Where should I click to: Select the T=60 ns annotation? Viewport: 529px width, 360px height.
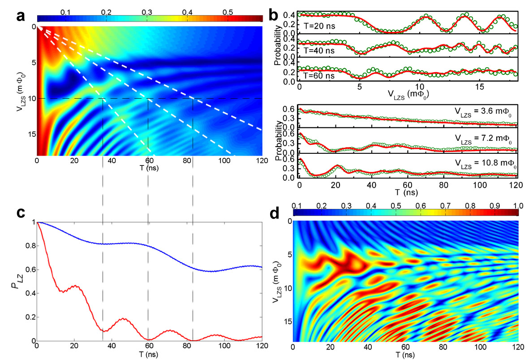click(x=318, y=75)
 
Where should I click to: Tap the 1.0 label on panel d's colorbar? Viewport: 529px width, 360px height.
click(x=518, y=205)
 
